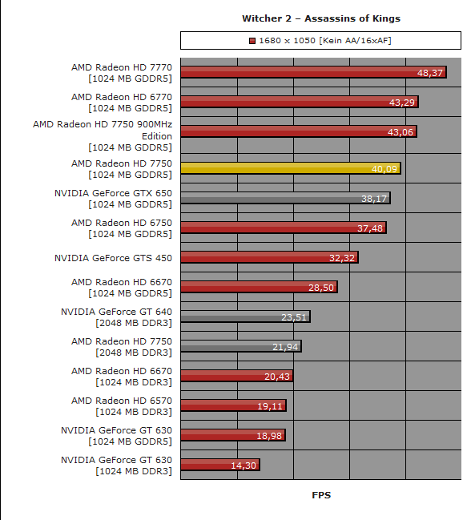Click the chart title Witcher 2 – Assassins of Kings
click(x=321, y=18)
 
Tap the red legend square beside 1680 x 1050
click(x=252, y=41)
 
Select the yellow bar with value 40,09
click(x=291, y=168)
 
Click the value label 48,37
click(x=430, y=73)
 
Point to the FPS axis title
click(x=321, y=495)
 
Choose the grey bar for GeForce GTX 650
click(x=285, y=198)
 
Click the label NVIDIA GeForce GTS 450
click(x=114, y=258)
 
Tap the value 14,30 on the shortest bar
click(x=244, y=466)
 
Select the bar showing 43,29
click(x=300, y=102)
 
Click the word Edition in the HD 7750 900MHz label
click(x=157, y=136)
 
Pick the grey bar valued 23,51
click(x=246, y=316)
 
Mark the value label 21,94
click(x=285, y=347)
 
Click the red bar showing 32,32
click(x=269, y=257)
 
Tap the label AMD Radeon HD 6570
click(x=122, y=401)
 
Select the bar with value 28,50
click(x=260, y=287)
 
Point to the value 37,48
click(x=370, y=228)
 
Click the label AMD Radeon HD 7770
click(x=122, y=67)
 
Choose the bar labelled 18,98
click(x=233, y=435)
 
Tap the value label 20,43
click(x=277, y=377)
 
